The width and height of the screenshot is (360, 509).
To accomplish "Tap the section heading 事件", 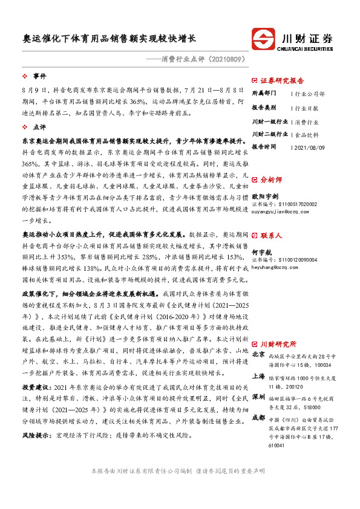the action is click(39, 77).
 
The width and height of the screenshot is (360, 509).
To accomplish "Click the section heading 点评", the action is click(39, 128).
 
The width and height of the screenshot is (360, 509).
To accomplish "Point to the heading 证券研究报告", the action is click(282, 80).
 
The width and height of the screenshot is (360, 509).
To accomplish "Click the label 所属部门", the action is click(264, 94).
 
